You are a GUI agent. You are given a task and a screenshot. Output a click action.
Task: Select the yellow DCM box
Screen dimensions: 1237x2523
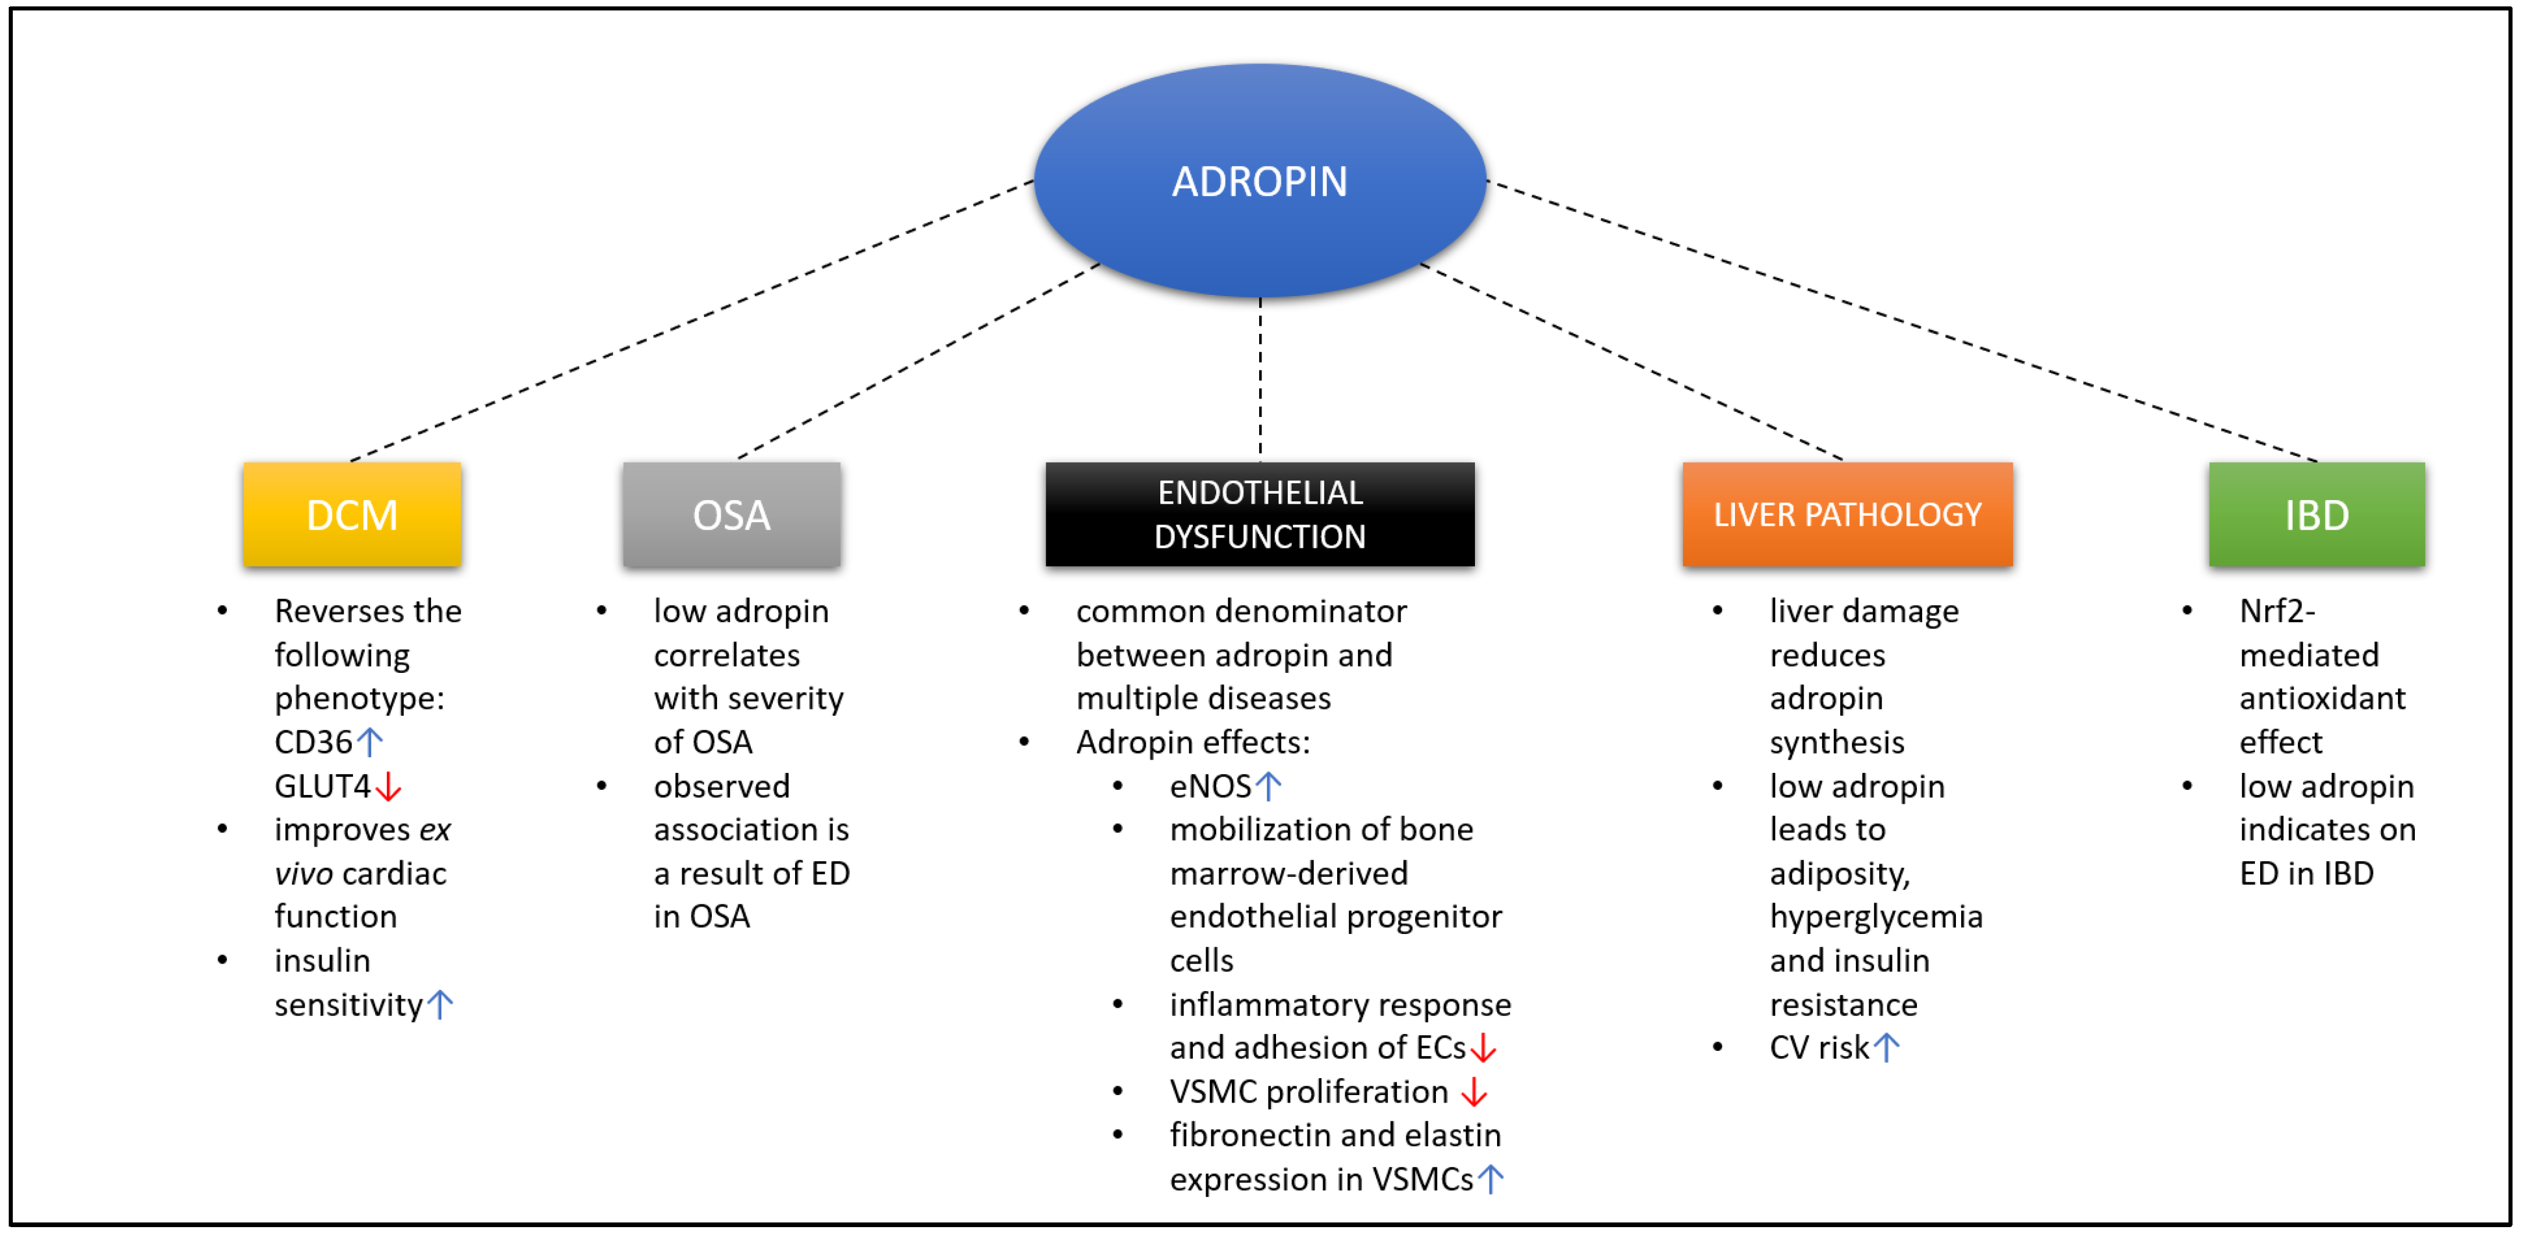click(352, 514)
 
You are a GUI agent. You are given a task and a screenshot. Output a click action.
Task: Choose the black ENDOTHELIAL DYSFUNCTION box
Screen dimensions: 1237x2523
click(1260, 514)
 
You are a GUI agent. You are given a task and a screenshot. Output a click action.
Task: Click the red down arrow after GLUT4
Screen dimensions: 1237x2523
click(389, 786)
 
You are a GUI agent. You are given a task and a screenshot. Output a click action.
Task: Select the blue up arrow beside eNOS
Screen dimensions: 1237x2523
click(1268, 786)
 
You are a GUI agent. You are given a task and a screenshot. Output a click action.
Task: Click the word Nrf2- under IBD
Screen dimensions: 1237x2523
click(2277, 611)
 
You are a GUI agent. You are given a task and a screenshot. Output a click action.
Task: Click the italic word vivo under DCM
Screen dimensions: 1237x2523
click(304, 874)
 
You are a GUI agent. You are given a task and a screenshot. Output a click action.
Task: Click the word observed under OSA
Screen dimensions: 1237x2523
click(722, 786)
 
